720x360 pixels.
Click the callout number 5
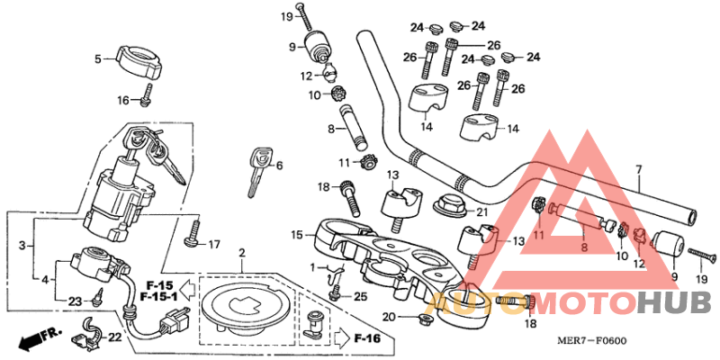pyautogui.click(x=98, y=59)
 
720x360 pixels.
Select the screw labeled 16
pyautogui.click(x=148, y=94)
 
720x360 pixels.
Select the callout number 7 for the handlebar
pyautogui.click(x=638, y=169)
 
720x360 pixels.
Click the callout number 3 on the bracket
pyautogui.click(x=22, y=245)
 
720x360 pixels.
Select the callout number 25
pyautogui.click(x=360, y=296)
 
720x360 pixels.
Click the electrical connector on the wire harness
pyautogui.click(x=175, y=319)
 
